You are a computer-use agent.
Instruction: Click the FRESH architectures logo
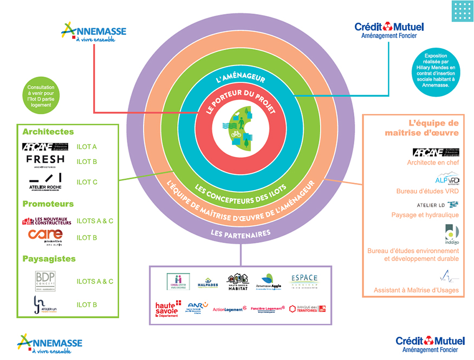46,161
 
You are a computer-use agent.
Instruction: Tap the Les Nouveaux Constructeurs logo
47,220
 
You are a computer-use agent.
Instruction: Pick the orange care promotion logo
46,237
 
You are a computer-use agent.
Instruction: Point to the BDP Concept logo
46,281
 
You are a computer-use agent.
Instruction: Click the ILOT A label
87,147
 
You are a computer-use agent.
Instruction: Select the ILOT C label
87,182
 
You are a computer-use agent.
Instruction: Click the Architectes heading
48,132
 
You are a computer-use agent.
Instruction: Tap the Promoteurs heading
48,204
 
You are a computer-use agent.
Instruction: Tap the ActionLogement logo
230,309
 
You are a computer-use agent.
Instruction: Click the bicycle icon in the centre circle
237,133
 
